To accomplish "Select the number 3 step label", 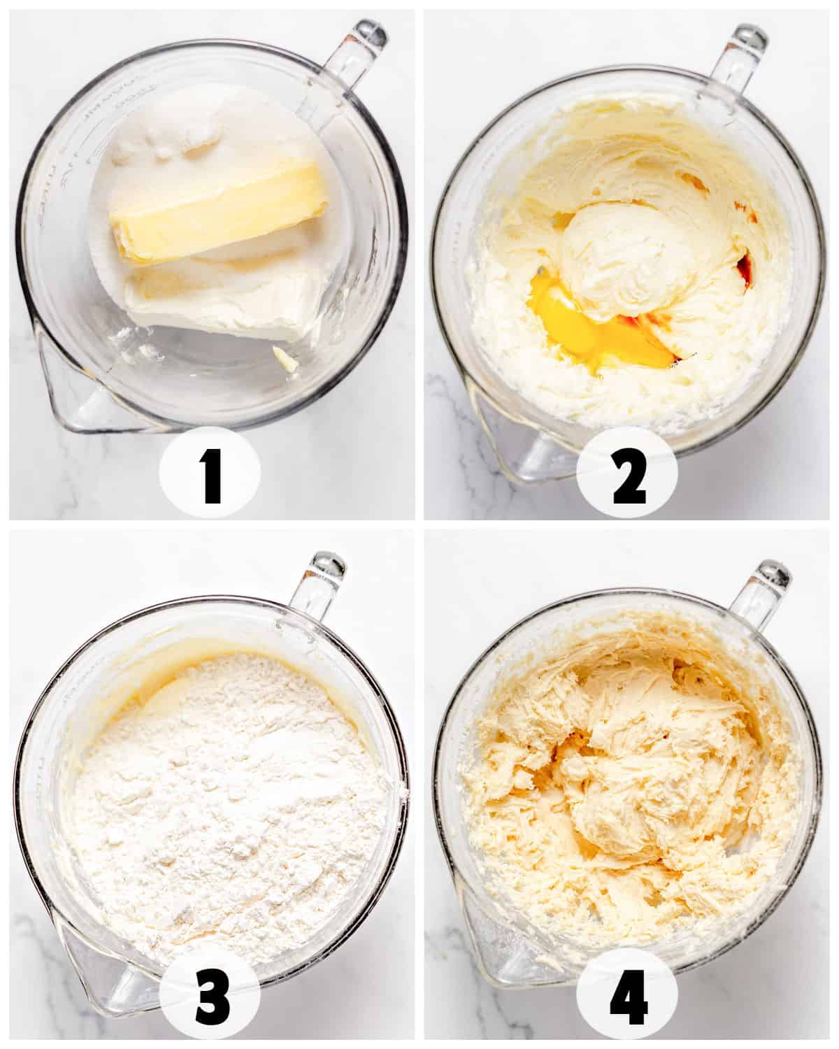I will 210,997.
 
